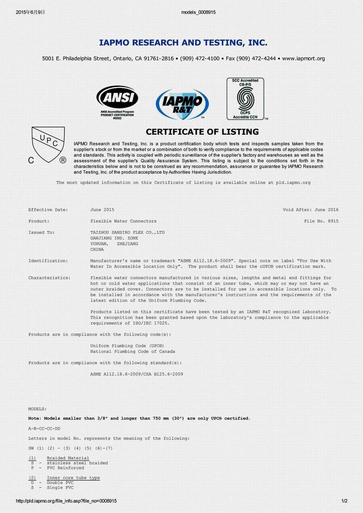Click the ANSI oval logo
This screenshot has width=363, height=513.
point(117,98)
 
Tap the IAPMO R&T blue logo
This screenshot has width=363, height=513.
point(182,104)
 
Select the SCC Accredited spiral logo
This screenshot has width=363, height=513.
point(245,99)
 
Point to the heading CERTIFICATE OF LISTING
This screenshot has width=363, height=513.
point(202,132)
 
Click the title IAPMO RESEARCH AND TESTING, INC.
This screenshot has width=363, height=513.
point(183,42)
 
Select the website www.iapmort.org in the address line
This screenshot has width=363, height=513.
point(303,58)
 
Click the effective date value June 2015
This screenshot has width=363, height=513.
point(102,210)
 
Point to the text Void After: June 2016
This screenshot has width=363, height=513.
point(310,210)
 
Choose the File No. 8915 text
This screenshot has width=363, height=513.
point(321,221)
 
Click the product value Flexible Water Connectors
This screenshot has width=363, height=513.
point(123,221)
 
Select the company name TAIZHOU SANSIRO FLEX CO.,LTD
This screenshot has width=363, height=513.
point(127,233)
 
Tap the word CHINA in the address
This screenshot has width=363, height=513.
point(97,250)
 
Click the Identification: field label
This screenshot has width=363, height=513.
point(48,261)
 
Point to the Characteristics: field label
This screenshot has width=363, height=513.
point(49,278)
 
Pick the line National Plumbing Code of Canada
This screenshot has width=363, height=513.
point(133,352)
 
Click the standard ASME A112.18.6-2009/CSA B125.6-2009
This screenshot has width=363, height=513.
point(137,374)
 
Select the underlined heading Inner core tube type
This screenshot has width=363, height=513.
point(73,478)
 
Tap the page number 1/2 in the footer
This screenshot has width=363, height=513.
point(344,501)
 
